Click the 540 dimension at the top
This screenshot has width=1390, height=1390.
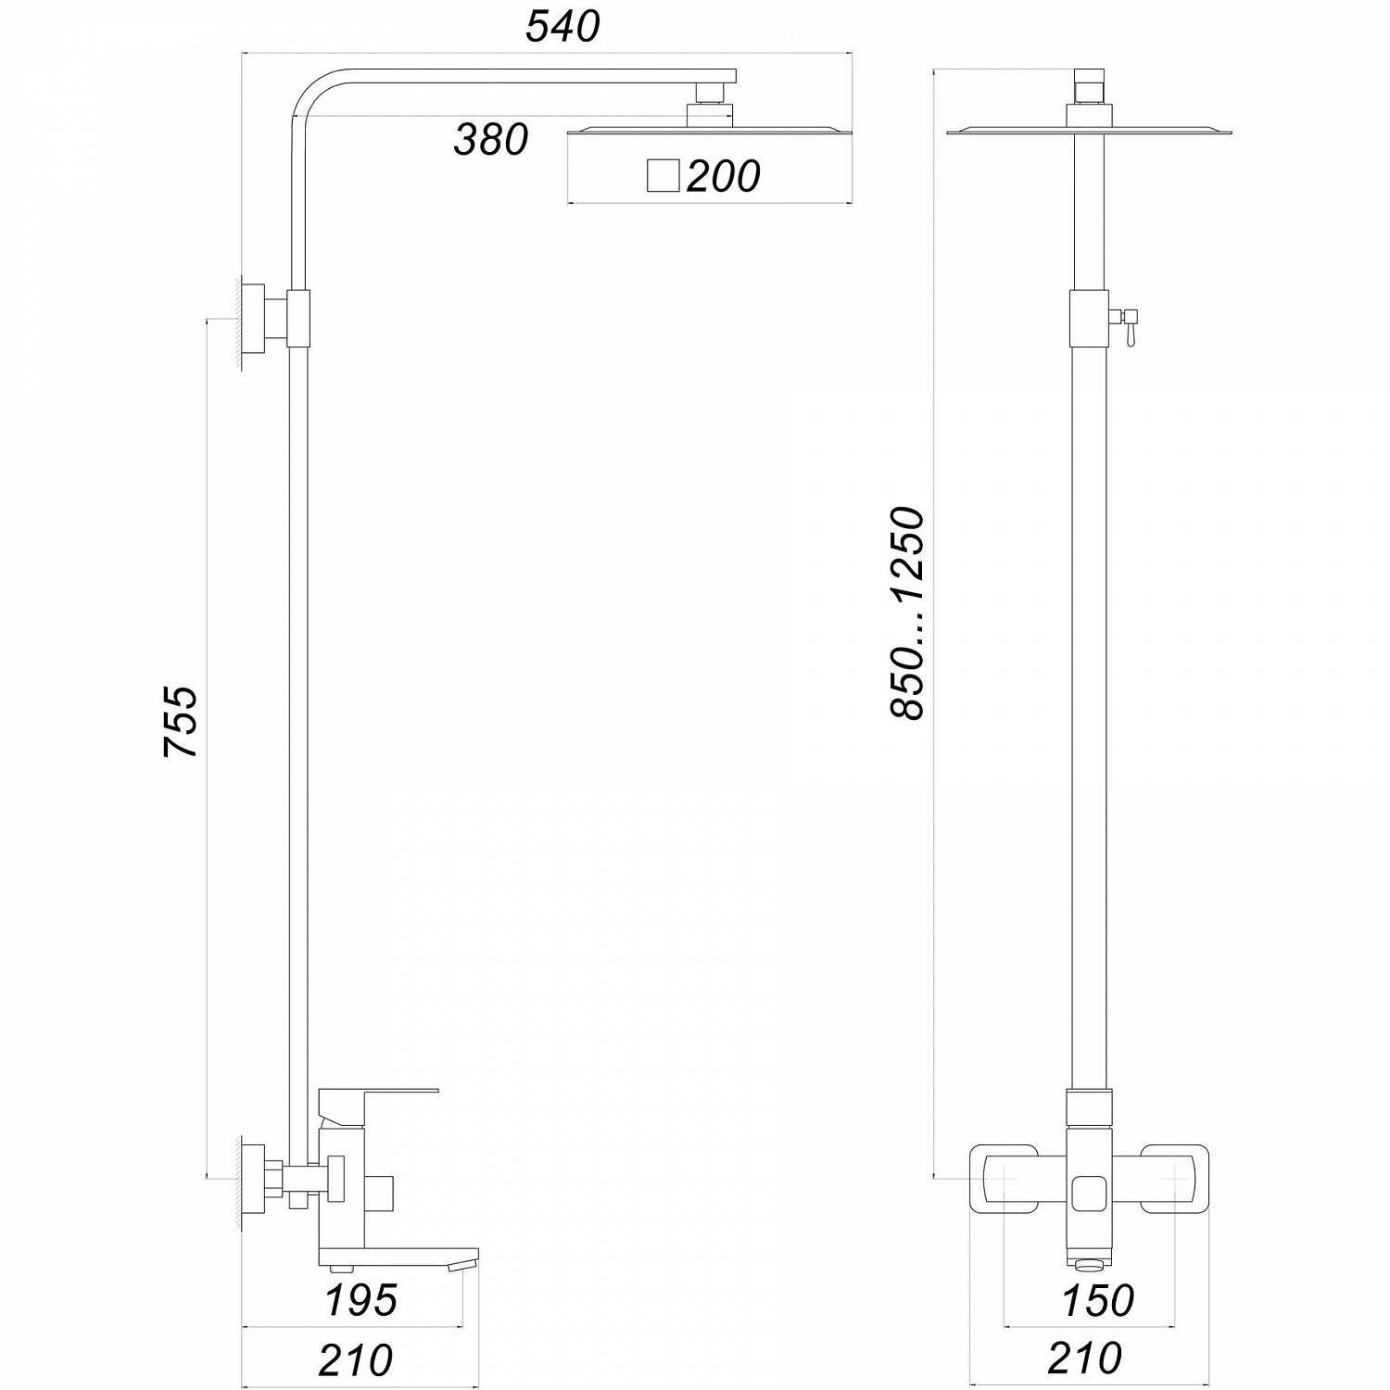click(562, 26)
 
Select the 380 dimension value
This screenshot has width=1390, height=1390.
click(490, 139)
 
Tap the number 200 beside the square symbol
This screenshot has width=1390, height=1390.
click(723, 176)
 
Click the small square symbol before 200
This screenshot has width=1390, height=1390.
click(663, 175)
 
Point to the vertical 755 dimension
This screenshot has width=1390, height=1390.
click(182, 723)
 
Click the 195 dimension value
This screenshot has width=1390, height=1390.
click(361, 1300)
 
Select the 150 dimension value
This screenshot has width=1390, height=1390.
click(1098, 1300)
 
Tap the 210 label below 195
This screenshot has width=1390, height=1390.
click(356, 1360)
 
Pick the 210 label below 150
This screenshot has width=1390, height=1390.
click(1084, 1358)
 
